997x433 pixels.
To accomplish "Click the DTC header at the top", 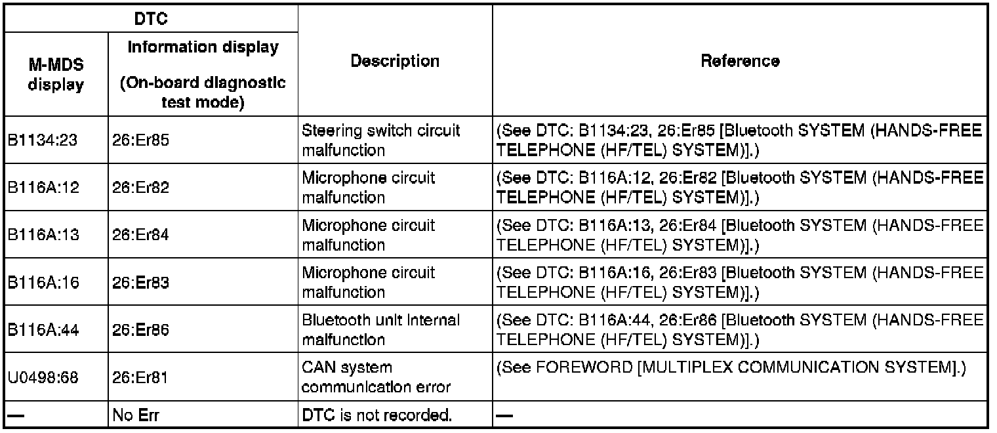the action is (x=151, y=19).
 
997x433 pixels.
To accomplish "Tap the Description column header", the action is (x=395, y=62).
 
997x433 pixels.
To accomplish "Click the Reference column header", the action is (x=740, y=62).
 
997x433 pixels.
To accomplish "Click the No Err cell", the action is (x=136, y=415).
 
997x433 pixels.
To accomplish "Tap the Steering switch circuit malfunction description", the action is (x=381, y=140).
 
